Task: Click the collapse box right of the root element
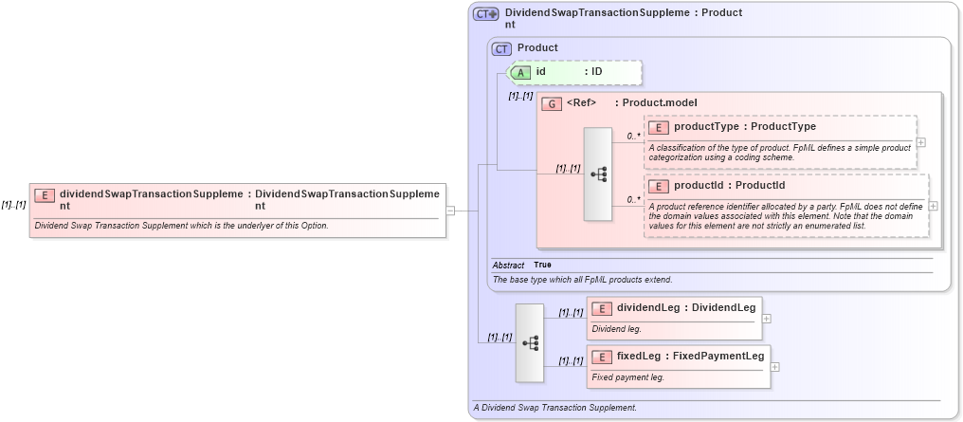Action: coord(450,211)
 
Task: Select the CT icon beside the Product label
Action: coord(501,47)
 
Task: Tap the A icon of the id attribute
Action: coord(520,71)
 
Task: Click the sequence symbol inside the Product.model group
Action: coord(598,174)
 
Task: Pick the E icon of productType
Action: coord(659,127)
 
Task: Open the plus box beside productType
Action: coord(920,142)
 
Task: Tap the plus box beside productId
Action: coord(933,206)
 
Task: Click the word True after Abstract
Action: coord(542,265)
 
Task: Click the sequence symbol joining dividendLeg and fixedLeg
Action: coord(530,342)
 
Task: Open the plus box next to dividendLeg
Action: coord(766,319)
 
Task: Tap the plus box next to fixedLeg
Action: coord(774,366)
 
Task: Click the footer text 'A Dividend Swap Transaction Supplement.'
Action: coord(554,408)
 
